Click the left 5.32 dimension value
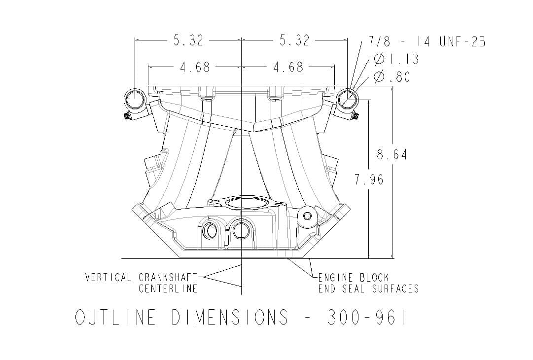tap(188, 40)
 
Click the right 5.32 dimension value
tap(294, 40)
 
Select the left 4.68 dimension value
tap(195, 67)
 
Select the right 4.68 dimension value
tap(288, 67)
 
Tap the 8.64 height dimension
tap(392, 155)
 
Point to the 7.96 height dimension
tap(369, 180)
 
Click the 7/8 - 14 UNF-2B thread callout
tap(427, 42)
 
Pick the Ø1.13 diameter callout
tap(396, 60)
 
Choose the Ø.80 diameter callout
tap(392, 77)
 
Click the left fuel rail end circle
tap(134, 100)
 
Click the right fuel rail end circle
tap(348, 100)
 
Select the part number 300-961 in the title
tap(367, 318)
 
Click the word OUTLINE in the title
tap(115, 318)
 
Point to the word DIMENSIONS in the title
tap(230, 318)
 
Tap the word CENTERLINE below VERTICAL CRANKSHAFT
tap(168, 288)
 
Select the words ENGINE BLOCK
tap(353, 278)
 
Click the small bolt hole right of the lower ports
tap(308, 216)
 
